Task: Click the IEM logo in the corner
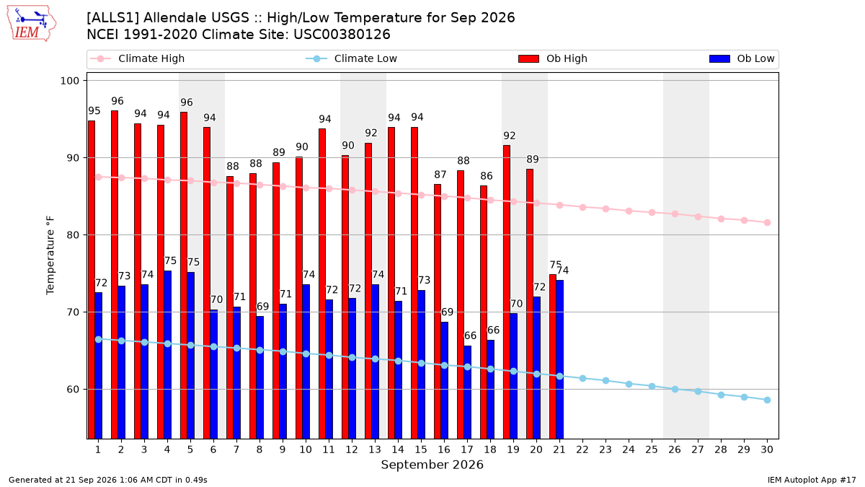[x=31, y=24]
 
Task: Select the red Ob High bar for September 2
[x=115, y=274]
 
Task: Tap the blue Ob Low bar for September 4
[x=167, y=355]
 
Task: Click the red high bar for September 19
[x=507, y=291]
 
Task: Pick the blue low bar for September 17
[x=467, y=392]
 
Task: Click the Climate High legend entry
[x=137, y=58]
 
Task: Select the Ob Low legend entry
[x=742, y=58]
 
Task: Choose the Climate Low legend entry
[x=351, y=58]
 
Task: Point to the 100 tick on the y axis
[x=69, y=81]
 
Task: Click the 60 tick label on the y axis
[x=73, y=389]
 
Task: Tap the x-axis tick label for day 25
[x=652, y=449]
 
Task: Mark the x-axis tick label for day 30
[x=767, y=449]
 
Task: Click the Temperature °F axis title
[x=50, y=255]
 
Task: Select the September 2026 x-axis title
[x=432, y=465]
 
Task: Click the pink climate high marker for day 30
[x=767, y=223]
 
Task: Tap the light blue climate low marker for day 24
[x=629, y=384]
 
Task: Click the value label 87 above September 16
[x=440, y=175]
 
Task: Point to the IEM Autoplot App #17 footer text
[x=812, y=480]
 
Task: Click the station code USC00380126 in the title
[x=342, y=35]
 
